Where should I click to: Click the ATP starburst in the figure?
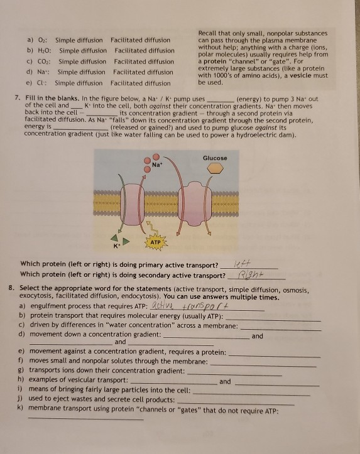click(156, 242)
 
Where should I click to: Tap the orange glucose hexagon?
click(215, 168)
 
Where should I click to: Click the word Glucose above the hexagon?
click(215, 158)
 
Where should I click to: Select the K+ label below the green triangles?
click(116, 246)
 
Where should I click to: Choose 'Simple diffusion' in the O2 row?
click(79, 40)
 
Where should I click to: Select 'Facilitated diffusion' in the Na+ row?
click(143, 72)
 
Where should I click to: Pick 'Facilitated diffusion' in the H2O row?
click(145, 51)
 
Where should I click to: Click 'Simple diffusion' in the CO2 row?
click(82, 62)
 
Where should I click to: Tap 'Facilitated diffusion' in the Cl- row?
click(141, 84)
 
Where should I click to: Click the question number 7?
click(18, 98)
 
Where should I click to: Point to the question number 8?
click(11, 288)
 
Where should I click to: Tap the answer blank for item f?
click(263, 366)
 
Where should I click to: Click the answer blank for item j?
click(236, 404)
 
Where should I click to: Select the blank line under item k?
click(86, 418)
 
